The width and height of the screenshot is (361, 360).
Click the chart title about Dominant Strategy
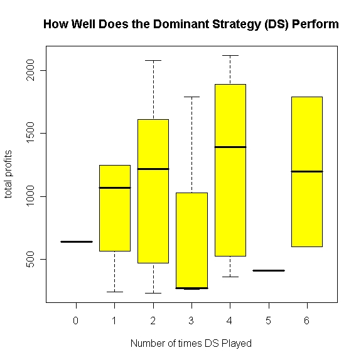(x=191, y=24)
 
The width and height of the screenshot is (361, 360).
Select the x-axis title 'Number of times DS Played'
(x=191, y=343)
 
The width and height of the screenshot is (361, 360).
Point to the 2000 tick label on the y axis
(x=28, y=70)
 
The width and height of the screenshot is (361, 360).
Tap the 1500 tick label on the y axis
(x=28, y=133)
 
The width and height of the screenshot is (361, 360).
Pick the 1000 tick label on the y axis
(x=28, y=196)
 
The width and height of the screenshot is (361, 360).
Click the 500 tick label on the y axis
(x=28, y=259)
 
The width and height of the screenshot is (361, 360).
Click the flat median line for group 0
(x=76, y=241)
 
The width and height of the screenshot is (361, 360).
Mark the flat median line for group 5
(x=269, y=270)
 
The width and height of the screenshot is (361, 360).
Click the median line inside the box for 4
(x=230, y=147)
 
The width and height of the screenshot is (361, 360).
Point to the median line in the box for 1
(x=114, y=188)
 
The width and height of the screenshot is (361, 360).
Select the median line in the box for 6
(x=307, y=171)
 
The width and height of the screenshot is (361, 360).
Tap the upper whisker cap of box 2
(x=153, y=60)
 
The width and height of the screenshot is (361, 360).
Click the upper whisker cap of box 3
(x=191, y=97)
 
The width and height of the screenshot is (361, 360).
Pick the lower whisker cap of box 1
(x=114, y=292)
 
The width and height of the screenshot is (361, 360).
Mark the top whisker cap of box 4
(x=230, y=55)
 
